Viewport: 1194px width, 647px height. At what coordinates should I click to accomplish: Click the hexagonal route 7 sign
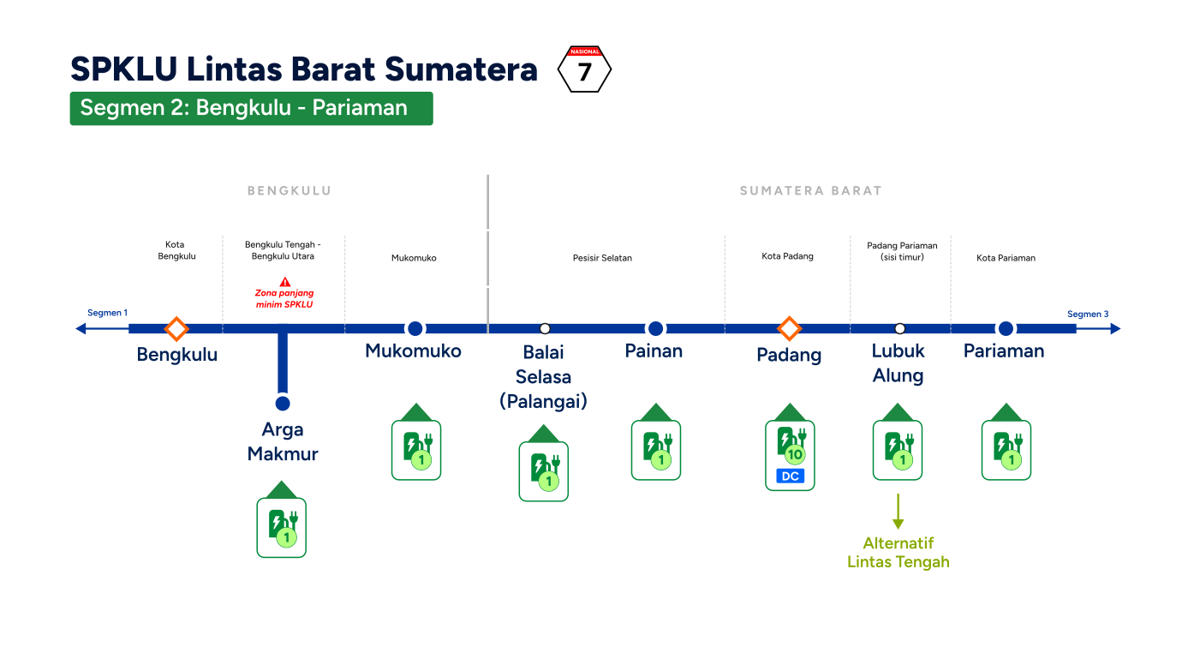(x=584, y=69)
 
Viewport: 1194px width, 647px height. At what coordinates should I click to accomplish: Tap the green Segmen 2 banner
(x=251, y=108)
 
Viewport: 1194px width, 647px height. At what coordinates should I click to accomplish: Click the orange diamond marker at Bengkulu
(x=176, y=328)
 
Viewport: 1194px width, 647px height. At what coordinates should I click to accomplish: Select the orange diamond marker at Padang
(x=790, y=328)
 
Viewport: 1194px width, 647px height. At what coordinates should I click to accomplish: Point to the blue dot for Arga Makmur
(x=283, y=404)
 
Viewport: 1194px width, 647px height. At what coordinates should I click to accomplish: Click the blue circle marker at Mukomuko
(x=415, y=328)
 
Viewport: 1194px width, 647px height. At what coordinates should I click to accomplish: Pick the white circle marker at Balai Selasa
(x=544, y=328)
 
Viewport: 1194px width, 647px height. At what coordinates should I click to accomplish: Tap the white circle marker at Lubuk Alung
(x=899, y=328)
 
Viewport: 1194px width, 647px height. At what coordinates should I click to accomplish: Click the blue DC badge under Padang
(x=790, y=476)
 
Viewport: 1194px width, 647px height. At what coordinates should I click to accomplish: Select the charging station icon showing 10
(x=790, y=447)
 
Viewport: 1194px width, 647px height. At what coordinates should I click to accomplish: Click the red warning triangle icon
(x=285, y=282)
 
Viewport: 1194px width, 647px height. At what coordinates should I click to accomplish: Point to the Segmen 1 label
(x=107, y=313)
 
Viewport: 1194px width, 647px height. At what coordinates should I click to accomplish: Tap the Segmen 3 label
(x=1088, y=314)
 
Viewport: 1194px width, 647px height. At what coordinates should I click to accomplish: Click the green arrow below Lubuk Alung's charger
(x=898, y=511)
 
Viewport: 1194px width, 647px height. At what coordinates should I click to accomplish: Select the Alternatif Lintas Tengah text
(x=898, y=553)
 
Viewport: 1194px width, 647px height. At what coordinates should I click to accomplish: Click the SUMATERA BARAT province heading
(x=811, y=190)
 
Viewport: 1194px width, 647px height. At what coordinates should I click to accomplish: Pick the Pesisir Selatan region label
(x=602, y=258)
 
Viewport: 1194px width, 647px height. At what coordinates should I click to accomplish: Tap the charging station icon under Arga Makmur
(x=282, y=519)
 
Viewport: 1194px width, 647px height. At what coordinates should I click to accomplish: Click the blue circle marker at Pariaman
(x=1006, y=328)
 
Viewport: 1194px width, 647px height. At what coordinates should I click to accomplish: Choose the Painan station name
(x=654, y=351)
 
